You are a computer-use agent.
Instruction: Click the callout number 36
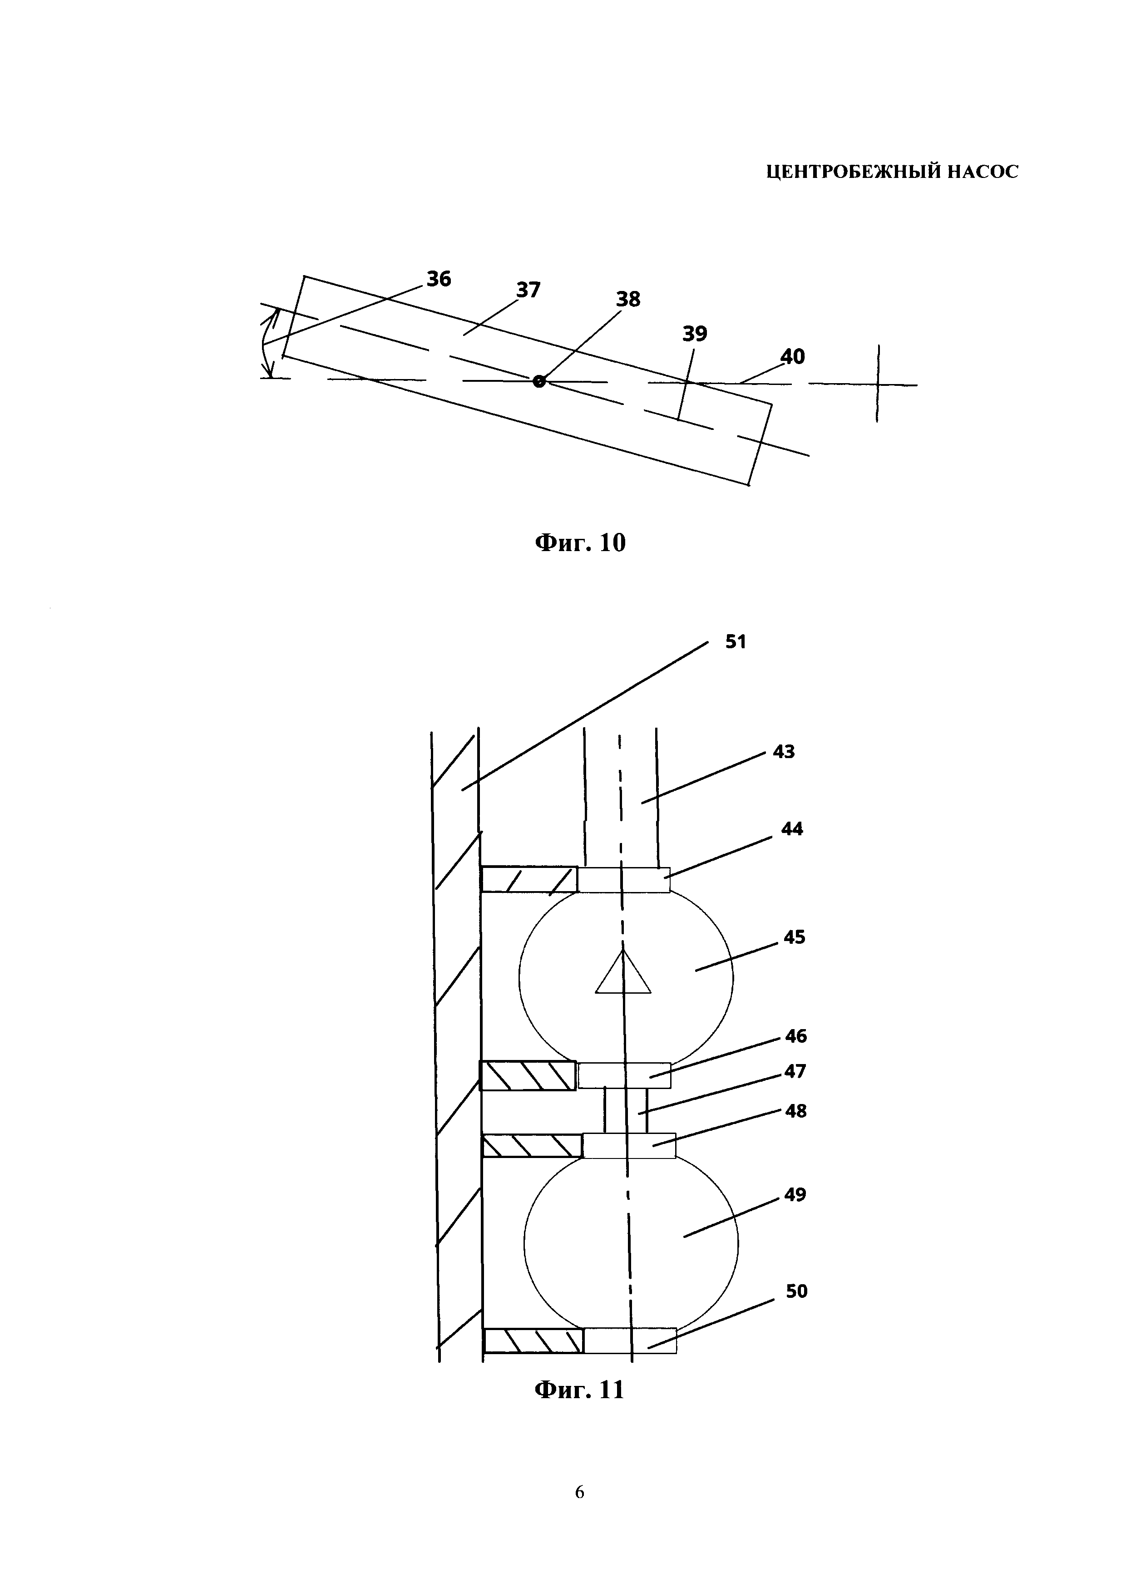(x=438, y=279)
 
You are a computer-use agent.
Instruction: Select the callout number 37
(x=528, y=290)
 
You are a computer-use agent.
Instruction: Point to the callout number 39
(x=695, y=334)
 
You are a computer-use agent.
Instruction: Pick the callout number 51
(x=736, y=642)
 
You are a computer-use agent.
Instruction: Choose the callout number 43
(x=784, y=752)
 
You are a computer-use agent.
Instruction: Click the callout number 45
(x=795, y=937)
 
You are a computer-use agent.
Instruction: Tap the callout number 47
(x=795, y=1071)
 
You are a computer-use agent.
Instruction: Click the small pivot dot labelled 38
(x=539, y=381)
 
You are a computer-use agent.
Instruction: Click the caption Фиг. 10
(x=580, y=542)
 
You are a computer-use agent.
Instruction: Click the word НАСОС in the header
(x=983, y=172)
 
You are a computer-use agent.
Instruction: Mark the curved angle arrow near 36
(x=269, y=343)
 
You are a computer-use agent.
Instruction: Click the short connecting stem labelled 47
(x=626, y=1110)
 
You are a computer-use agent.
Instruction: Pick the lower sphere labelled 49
(x=631, y=1241)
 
